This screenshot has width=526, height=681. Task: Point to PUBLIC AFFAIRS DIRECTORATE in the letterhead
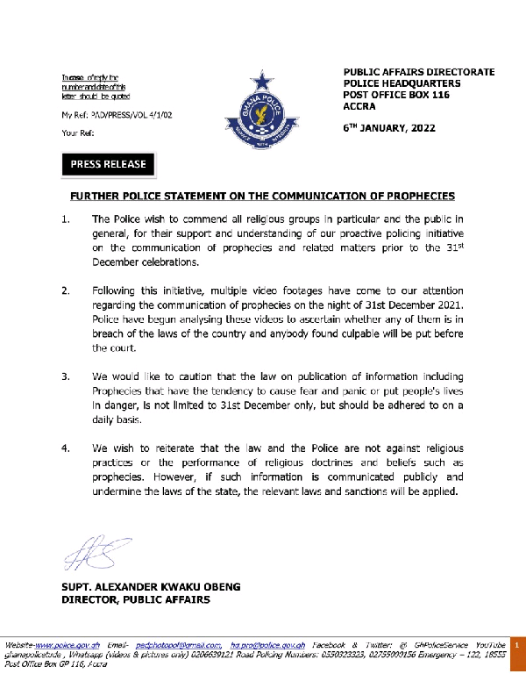coord(419,71)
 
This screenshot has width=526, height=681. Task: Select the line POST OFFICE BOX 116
coord(395,94)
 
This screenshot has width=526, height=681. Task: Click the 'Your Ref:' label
coord(77,133)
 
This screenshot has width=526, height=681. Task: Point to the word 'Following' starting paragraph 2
coord(117,290)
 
